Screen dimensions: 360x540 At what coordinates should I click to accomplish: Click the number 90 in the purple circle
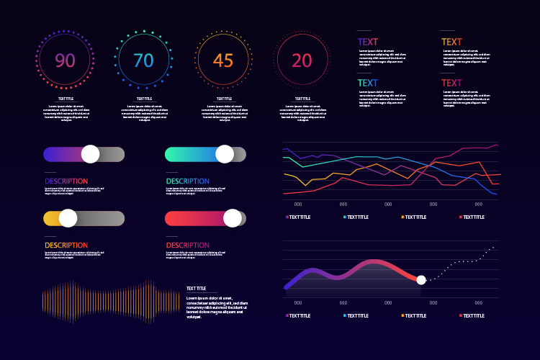point(65,61)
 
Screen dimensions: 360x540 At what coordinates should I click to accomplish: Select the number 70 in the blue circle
point(143,61)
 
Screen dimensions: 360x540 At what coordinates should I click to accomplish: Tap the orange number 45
point(223,61)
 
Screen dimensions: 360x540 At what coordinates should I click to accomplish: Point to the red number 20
point(302,61)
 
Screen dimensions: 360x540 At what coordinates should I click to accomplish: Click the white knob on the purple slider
point(90,154)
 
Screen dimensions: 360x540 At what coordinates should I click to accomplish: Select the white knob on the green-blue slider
point(225,154)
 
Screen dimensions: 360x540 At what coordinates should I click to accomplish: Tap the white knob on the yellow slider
point(68,218)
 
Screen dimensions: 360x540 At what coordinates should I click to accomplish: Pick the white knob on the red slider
point(233,218)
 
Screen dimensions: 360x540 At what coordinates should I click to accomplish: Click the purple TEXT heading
point(368,42)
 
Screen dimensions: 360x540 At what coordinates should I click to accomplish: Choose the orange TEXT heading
point(451,42)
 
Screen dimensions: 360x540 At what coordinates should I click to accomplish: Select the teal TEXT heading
point(368,83)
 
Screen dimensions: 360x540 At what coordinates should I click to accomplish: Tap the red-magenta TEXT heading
point(451,83)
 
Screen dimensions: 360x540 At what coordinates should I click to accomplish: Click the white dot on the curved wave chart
point(421,280)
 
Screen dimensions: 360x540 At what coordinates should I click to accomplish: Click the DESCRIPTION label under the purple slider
point(66,181)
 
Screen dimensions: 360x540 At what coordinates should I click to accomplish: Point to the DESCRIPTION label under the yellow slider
point(66,246)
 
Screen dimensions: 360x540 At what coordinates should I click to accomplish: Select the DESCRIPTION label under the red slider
point(188,246)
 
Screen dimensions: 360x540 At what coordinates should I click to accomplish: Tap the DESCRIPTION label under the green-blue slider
point(188,181)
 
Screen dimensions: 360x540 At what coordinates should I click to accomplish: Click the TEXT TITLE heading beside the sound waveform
point(196,288)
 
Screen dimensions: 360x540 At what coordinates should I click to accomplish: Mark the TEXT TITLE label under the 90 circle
point(66,99)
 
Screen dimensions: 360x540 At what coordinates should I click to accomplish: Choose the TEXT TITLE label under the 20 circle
point(302,99)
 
